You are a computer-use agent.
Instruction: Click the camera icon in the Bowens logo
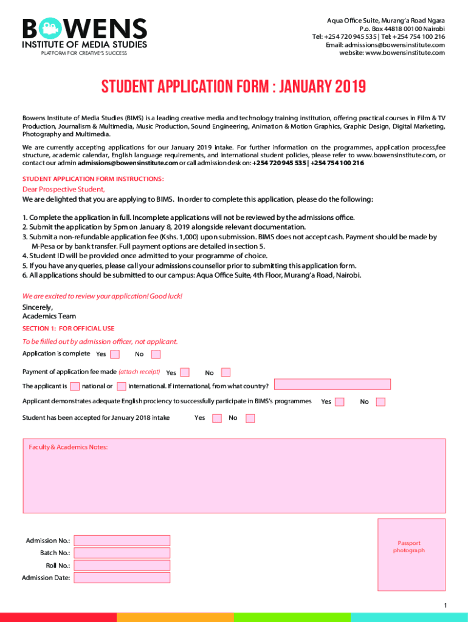coord(49,29)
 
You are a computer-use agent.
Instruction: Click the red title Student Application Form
coord(233,87)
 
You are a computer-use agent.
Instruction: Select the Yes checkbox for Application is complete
coord(114,354)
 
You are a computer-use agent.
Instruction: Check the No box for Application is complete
coord(156,354)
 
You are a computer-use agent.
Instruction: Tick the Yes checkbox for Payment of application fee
coord(185,372)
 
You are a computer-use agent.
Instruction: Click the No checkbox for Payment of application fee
coord(225,372)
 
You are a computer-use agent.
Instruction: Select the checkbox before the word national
coord(75,386)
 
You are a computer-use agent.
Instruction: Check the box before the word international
coord(122,386)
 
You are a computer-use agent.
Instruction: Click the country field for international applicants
coord(332,384)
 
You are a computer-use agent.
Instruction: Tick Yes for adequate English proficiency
coord(340,402)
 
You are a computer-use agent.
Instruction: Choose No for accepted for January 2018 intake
coord(250,418)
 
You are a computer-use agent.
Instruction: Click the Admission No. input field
coord(122,540)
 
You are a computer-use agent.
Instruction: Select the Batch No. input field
coord(122,553)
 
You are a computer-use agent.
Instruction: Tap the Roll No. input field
coord(122,566)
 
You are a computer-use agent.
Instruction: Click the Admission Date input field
coord(122,578)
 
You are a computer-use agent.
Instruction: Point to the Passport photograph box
coord(411,547)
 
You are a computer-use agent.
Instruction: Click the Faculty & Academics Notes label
coord(68,447)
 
